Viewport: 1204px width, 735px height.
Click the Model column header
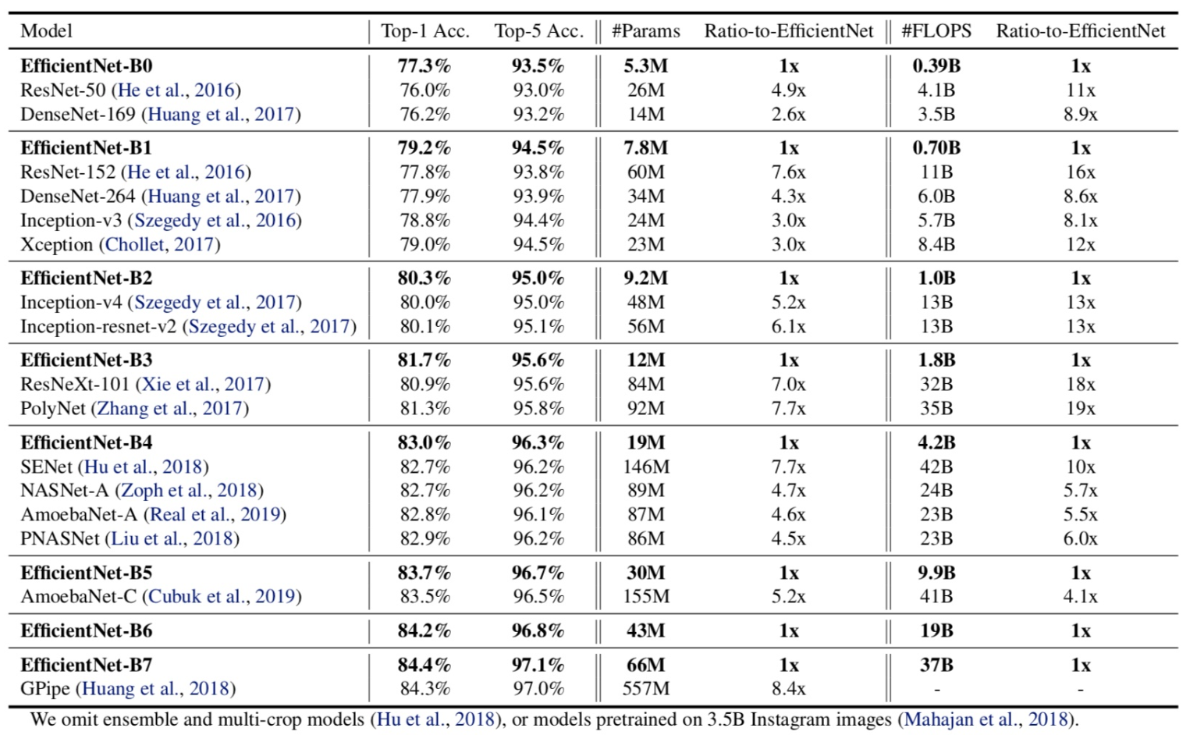click(46, 31)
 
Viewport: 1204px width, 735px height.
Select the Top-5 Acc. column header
click(539, 31)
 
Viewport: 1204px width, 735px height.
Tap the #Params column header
click(646, 31)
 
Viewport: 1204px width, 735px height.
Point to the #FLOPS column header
click(936, 31)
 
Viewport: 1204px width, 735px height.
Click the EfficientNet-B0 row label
click(87, 66)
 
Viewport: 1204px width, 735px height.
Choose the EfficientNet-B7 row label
click(87, 665)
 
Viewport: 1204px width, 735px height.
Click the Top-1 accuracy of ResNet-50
click(424, 90)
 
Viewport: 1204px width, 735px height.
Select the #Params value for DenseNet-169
click(646, 114)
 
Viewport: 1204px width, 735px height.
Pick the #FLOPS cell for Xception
click(936, 244)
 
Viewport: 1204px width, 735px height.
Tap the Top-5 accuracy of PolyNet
click(538, 408)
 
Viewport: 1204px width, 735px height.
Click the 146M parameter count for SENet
click(646, 467)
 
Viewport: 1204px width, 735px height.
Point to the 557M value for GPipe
click(646, 688)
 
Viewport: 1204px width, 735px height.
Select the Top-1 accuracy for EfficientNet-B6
click(424, 630)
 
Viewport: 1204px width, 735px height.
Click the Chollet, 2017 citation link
click(160, 244)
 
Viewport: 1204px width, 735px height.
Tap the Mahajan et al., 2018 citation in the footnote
click(986, 719)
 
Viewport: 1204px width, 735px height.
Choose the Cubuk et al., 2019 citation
click(222, 596)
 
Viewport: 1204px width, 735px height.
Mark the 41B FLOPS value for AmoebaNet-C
click(936, 596)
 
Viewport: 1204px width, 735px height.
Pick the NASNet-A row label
click(65, 491)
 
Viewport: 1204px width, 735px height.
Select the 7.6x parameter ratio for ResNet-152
click(789, 172)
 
